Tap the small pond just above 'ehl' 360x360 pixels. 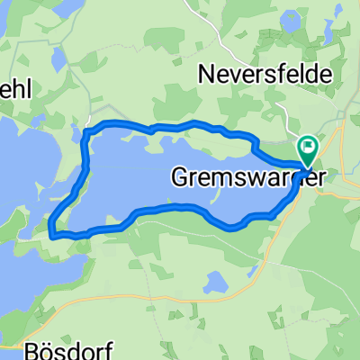pos(57,60)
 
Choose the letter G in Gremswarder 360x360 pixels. pos(179,178)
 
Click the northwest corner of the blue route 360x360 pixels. pos(85,133)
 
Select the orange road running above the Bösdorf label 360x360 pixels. pos(135,295)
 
